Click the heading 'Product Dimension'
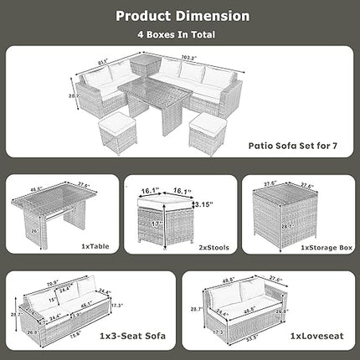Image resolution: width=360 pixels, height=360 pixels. point(181,16)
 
